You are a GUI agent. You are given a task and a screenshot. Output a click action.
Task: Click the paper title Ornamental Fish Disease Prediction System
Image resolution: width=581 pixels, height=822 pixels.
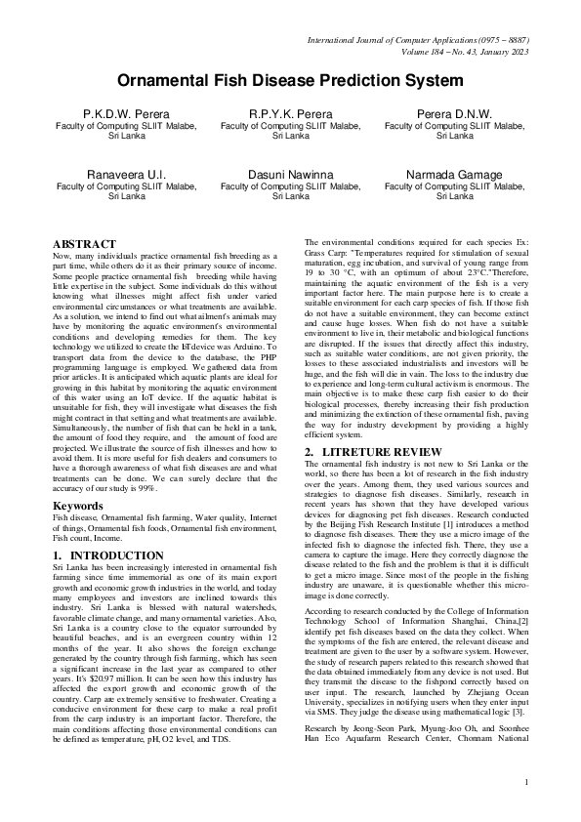[x=290, y=81]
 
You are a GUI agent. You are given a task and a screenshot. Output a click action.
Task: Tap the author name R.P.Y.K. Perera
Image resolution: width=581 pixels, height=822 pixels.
[x=290, y=114]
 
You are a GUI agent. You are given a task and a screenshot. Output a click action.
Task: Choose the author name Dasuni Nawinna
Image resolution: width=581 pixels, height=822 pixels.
[x=290, y=174]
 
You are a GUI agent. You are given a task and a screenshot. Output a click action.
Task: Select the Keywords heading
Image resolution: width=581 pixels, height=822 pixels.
[x=77, y=506]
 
